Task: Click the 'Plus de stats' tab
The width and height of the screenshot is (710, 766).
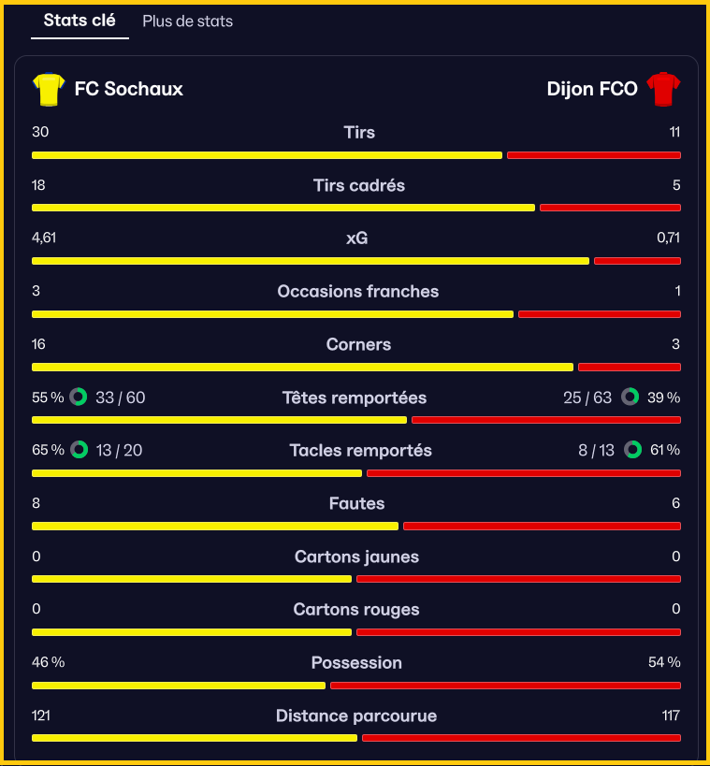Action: (x=188, y=21)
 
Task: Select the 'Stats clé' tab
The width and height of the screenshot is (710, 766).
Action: (x=80, y=20)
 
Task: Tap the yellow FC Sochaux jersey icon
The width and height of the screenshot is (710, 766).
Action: (x=49, y=90)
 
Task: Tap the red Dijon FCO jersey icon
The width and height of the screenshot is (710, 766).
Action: (x=663, y=89)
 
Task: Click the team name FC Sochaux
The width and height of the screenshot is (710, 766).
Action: (x=128, y=89)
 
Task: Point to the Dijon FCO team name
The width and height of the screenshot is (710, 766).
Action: (x=592, y=89)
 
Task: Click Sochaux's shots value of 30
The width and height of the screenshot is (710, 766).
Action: (x=40, y=132)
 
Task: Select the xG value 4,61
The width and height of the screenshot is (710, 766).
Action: (x=44, y=238)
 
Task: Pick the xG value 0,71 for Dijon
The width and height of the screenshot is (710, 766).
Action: (x=669, y=238)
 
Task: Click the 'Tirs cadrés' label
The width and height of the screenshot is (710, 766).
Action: (x=359, y=185)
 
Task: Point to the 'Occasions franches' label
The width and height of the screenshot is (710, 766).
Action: (x=358, y=292)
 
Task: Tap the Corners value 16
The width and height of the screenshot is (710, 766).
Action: (x=38, y=344)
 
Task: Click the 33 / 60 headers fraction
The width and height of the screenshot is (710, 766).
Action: (x=121, y=397)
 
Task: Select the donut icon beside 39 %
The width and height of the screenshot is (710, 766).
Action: (x=630, y=397)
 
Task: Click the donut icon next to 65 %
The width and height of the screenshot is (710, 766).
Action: (x=80, y=450)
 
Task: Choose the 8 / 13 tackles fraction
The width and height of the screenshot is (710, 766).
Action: (x=596, y=451)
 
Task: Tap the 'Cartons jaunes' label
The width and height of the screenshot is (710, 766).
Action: (x=356, y=556)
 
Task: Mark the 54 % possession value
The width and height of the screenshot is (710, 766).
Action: (x=664, y=662)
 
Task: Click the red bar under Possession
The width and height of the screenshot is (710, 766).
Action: (x=505, y=686)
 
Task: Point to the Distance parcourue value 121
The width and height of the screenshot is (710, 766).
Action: (x=41, y=715)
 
